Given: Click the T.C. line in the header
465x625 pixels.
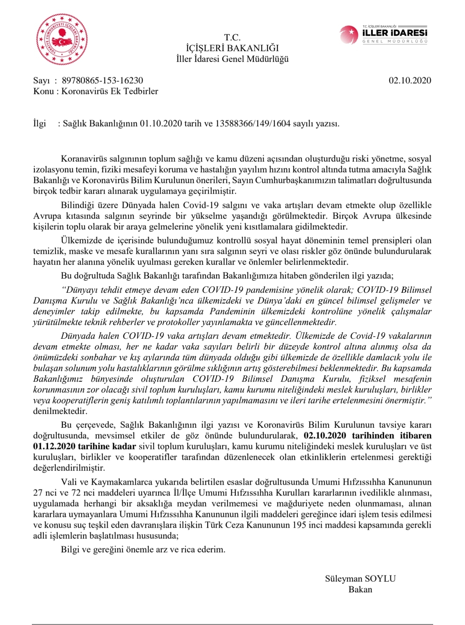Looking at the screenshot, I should pyautogui.click(x=232, y=37).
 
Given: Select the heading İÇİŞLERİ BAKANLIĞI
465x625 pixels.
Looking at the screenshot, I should pyautogui.click(x=232, y=48).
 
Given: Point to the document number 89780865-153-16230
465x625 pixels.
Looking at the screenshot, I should pyautogui.click(x=102, y=80).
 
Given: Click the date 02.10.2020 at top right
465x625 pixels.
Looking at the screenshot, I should pyautogui.click(x=409, y=80).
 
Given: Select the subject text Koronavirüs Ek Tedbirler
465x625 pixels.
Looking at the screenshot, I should pyautogui.click(x=110, y=91).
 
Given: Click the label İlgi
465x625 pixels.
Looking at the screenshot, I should pyautogui.click(x=40, y=124).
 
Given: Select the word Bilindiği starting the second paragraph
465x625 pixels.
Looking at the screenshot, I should pyautogui.click(x=78, y=205).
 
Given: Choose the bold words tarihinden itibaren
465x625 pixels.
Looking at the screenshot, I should pyautogui.click(x=391, y=436).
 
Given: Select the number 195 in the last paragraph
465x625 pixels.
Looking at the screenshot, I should pyautogui.click(x=299, y=525).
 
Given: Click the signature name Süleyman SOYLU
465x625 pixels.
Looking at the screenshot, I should pyautogui.click(x=360, y=579).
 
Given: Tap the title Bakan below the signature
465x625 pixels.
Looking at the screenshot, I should pyautogui.click(x=360, y=590).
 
